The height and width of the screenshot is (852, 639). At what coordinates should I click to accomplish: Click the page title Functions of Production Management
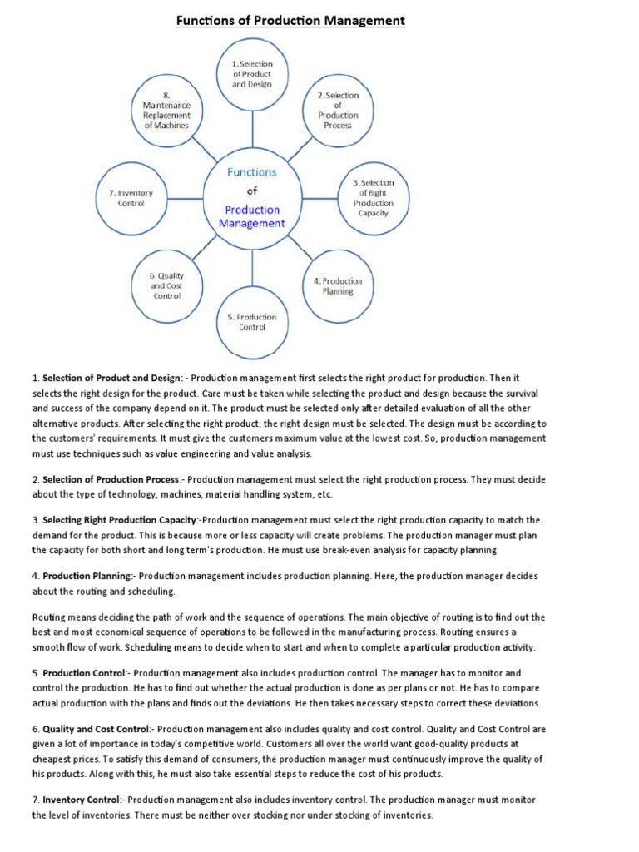point(290,20)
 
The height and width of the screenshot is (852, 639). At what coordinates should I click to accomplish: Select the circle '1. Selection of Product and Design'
point(251,73)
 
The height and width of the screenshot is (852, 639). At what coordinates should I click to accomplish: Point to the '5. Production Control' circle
point(251,322)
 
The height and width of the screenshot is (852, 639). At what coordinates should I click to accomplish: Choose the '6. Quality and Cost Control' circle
point(166,285)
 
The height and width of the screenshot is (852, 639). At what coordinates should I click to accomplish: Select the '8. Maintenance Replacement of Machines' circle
point(166,111)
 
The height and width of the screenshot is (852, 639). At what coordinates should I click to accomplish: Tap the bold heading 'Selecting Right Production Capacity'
point(115,520)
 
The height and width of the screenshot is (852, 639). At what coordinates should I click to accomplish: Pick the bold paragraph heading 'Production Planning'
point(87,576)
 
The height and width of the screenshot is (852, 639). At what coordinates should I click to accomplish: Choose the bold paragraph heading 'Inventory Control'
point(81,800)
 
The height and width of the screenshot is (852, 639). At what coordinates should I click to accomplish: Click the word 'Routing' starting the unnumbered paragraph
point(50,617)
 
